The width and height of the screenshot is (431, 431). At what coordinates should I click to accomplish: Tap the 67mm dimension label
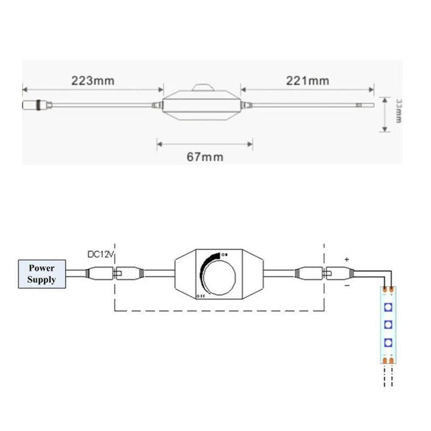pyautogui.click(x=205, y=157)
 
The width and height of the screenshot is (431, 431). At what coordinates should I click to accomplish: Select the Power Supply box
pyautogui.click(x=42, y=273)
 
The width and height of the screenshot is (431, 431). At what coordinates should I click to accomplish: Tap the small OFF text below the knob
pyautogui.click(x=200, y=296)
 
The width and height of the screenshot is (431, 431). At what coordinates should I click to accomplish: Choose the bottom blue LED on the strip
pyautogui.click(x=387, y=342)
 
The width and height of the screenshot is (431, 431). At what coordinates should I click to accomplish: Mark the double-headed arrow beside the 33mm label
pyautogui.click(x=384, y=114)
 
